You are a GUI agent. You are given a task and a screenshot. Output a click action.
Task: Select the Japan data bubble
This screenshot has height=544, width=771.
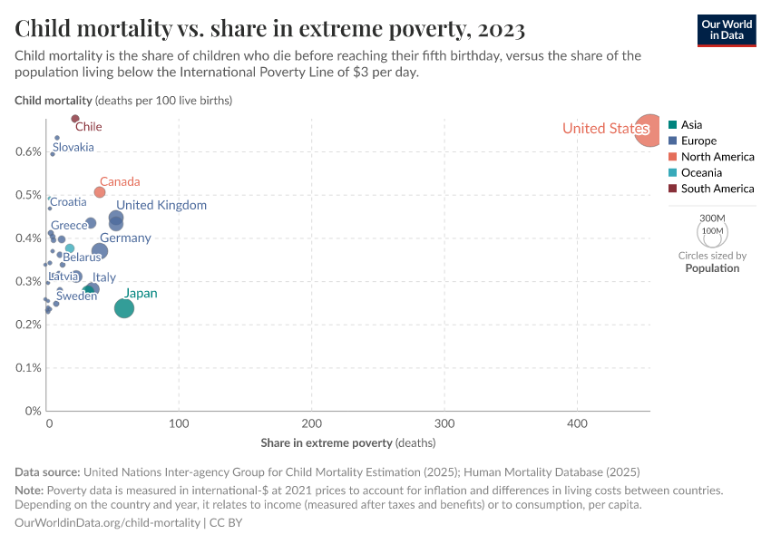(124, 308)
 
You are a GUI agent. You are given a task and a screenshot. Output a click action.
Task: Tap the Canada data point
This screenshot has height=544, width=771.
(100, 192)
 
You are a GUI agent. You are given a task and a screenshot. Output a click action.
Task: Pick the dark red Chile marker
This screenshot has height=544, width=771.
(75, 119)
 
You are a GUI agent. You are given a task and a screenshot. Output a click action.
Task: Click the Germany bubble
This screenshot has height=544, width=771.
(100, 251)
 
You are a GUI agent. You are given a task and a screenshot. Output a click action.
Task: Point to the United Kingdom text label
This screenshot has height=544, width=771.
(161, 205)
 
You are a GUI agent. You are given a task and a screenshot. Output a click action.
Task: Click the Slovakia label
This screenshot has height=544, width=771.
(73, 147)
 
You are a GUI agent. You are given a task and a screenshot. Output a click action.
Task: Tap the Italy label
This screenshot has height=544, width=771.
(104, 277)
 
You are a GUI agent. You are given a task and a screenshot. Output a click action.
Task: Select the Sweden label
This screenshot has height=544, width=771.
(76, 296)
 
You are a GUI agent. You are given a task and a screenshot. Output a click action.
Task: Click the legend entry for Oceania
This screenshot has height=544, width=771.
(701, 172)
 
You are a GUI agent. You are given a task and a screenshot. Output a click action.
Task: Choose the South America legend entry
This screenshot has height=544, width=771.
(717, 189)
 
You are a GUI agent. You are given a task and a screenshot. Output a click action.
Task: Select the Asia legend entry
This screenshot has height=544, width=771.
(691, 125)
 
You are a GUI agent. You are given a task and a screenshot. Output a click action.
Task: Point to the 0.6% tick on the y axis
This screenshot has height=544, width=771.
(29, 151)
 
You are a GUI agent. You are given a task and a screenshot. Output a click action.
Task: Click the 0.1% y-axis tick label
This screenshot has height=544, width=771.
(29, 368)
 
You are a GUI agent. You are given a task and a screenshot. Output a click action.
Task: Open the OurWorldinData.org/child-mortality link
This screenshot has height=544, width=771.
(108, 523)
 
